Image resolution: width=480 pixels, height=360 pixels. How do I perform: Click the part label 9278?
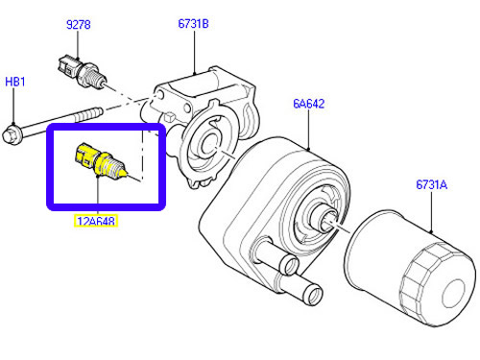click(79, 25)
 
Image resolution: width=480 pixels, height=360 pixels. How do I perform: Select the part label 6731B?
click(193, 24)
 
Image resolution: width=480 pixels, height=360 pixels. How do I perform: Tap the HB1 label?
click(15, 82)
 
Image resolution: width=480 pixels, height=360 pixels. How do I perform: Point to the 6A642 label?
click(309, 104)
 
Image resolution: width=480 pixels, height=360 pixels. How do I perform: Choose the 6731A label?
click(431, 184)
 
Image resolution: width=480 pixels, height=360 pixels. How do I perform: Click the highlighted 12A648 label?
click(96, 221)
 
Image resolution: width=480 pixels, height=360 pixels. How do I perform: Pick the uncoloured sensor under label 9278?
click(83, 71)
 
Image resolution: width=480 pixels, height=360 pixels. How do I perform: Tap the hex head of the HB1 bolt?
click(12, 134)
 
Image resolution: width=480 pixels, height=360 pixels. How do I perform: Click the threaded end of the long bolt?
click(89, 114)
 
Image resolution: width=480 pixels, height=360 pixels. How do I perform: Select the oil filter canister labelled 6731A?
click(410, 268)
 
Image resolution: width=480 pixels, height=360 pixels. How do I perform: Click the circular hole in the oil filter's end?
click(454, 294)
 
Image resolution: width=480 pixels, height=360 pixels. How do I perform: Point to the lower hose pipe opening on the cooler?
click(313, 296)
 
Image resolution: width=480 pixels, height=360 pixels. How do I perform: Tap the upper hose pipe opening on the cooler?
click(289, 265)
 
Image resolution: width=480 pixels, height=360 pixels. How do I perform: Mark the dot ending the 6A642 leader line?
click(308, 149)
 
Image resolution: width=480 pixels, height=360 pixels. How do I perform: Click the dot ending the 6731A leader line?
click(431, 231)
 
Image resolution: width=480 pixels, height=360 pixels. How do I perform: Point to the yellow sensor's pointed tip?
click(125, 174)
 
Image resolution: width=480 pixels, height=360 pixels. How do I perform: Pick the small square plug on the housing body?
click(169, 116)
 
